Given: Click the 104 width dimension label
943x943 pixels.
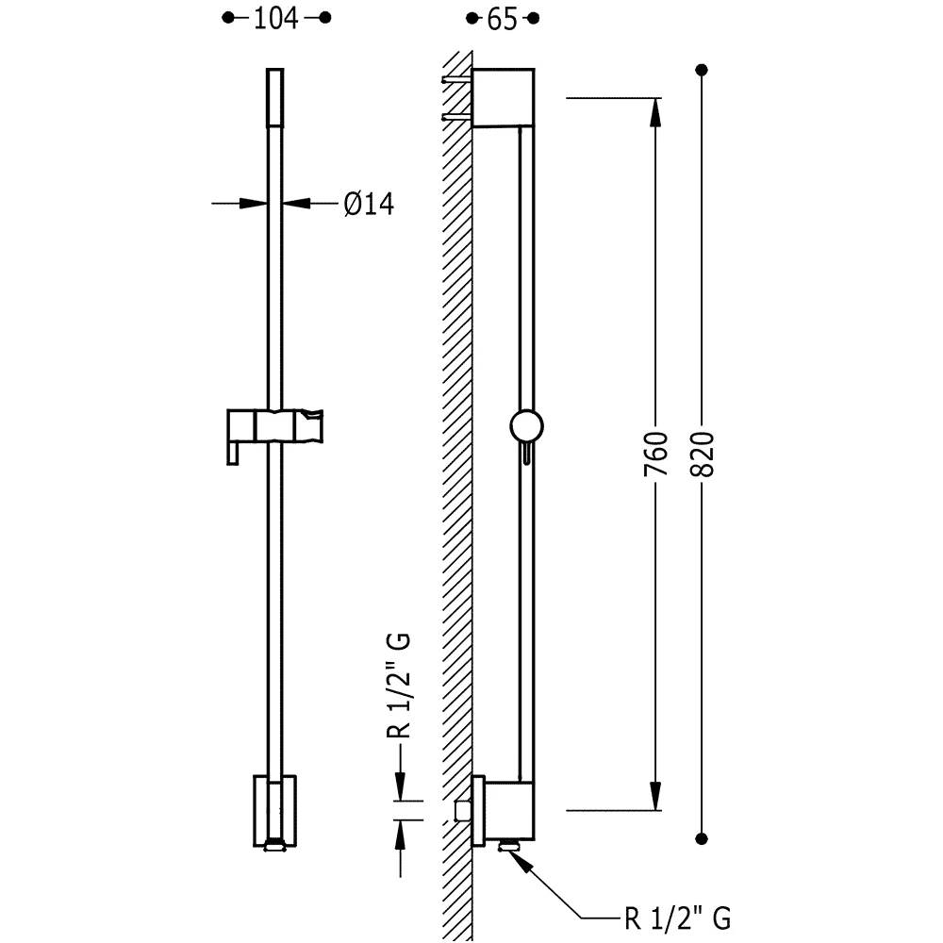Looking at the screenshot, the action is (276, 19).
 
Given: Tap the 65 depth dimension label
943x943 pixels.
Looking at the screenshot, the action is (503, 19).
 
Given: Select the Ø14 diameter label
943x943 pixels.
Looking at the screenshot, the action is (369, 204).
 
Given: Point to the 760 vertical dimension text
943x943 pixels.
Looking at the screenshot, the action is (655, 454).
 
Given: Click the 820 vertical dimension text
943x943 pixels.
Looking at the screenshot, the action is (702, 454).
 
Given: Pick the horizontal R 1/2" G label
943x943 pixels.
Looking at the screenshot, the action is (678, 918).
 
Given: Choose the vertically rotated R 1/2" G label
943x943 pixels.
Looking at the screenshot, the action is (398, 685).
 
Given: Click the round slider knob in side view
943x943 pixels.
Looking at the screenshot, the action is (526, 426).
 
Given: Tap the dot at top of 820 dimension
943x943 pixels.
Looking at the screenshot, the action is (702, 70).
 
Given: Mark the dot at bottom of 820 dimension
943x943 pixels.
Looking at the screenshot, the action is (702, 838).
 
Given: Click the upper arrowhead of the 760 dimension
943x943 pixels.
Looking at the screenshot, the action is (655, 112).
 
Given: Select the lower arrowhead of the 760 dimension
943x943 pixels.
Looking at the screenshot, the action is (655, 796).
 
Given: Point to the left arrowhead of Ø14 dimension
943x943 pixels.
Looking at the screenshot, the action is (253, 204).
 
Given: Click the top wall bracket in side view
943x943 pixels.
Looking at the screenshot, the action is (504, 97).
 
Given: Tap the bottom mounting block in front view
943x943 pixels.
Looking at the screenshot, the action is (274, 811).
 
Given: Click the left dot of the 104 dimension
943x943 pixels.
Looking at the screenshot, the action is (228, 18).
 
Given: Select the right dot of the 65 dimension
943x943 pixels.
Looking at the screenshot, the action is (533, 19).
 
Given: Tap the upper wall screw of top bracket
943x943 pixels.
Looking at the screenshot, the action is (457, 79).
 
